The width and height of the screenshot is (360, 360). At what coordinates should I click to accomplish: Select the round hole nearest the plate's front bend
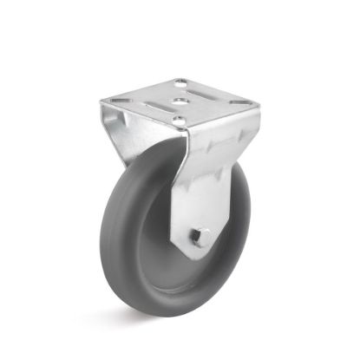tap(177, 121)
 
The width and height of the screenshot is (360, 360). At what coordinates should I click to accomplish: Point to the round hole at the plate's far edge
tap(180, 84)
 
